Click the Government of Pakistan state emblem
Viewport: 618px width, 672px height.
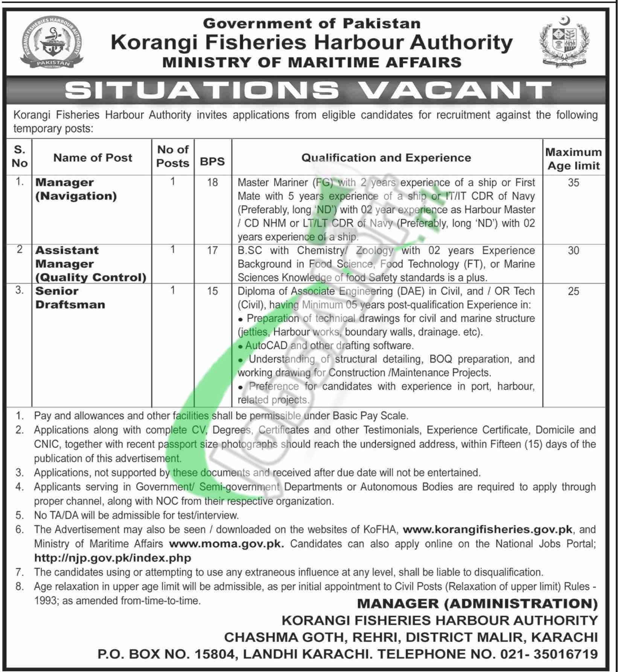tap(565, 42)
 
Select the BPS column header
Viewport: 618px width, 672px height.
tap(212, 161)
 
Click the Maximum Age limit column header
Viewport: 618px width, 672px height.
tap(573, 159)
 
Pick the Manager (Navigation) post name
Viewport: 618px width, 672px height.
tap(76, 189)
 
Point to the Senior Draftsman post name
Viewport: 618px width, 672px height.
tap(70, 297)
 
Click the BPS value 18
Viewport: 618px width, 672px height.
tap(212, 182)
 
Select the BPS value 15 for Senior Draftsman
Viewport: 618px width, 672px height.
tap(212, 291)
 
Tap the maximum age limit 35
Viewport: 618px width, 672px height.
tap(573, 183)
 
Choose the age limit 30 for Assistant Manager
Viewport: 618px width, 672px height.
tap(573, 250)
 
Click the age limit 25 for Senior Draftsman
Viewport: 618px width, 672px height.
tap(573, 291)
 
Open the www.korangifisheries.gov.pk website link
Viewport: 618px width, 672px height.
tap(487, 529)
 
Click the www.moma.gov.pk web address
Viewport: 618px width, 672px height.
tap(227, 544)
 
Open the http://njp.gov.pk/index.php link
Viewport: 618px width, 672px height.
tap(113, 558)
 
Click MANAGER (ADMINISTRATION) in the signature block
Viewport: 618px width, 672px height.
tap(477, 604)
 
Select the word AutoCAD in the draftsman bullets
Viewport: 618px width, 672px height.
tap(266, 345)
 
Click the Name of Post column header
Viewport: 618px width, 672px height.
tap(93, 158)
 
